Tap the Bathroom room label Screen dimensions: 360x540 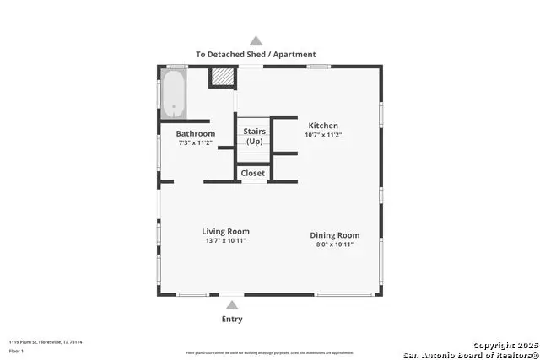(x=195, y=133)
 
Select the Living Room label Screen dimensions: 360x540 (x=225, y=231)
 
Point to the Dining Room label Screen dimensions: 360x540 (x=335, y=235)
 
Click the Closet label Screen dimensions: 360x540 (x=252, y=173)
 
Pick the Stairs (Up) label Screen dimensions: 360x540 (x=254, y=136)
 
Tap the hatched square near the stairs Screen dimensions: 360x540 (x=221, y=77)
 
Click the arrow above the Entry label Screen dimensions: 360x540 (x=232, y=304)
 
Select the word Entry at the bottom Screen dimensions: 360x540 (x=232, y=319)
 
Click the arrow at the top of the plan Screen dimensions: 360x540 (x=256, y=40)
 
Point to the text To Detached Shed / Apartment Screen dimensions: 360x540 (x=256, y=54)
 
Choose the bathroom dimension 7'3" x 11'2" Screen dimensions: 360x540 (x=195, y=143)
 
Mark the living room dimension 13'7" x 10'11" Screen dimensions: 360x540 (x=225, y=240)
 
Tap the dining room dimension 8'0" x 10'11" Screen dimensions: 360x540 (x=335, y=244)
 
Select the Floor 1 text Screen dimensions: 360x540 (x=16, y=351)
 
